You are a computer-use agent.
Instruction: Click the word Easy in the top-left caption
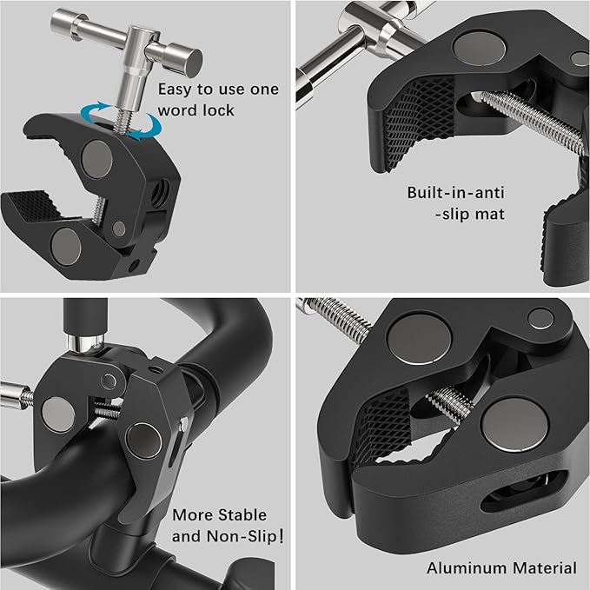tap(176, 89)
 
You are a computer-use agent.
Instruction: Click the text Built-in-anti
tap(454, 193)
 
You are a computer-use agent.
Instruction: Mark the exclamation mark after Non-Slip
tap(279, 536)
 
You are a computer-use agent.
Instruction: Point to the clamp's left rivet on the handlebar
tap(59, 414)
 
